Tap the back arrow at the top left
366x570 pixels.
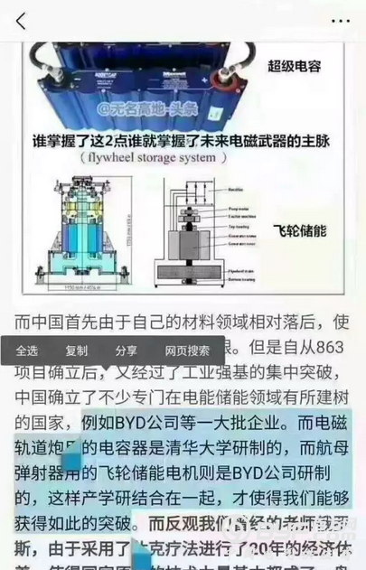[21, 19]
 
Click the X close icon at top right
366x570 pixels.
[341, 19]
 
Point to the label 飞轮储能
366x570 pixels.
[297, 230]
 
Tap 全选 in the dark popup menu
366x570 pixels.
[27, 350]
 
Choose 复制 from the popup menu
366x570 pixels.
[77, 350]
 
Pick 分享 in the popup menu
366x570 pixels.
[126, 350]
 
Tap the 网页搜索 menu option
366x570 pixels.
[187, 350]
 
